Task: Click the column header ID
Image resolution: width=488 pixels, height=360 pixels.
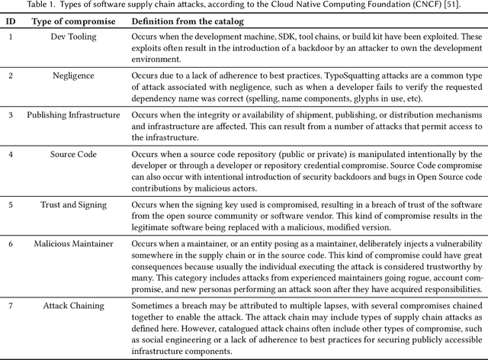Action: (10, 20)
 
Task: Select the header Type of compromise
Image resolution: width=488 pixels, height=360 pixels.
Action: (73, 20)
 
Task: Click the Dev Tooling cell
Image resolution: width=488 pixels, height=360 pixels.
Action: (73, 37)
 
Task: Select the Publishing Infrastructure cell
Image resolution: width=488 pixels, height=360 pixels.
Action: (73, 115)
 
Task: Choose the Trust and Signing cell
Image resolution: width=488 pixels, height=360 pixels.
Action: (73, 204)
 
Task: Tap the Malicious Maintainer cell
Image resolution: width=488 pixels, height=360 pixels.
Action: (73, 244)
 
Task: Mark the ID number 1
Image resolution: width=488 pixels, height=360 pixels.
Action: (10, 37)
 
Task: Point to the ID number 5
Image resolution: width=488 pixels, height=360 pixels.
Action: (10, 204)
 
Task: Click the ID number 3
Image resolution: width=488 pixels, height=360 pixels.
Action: (10, 115)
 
